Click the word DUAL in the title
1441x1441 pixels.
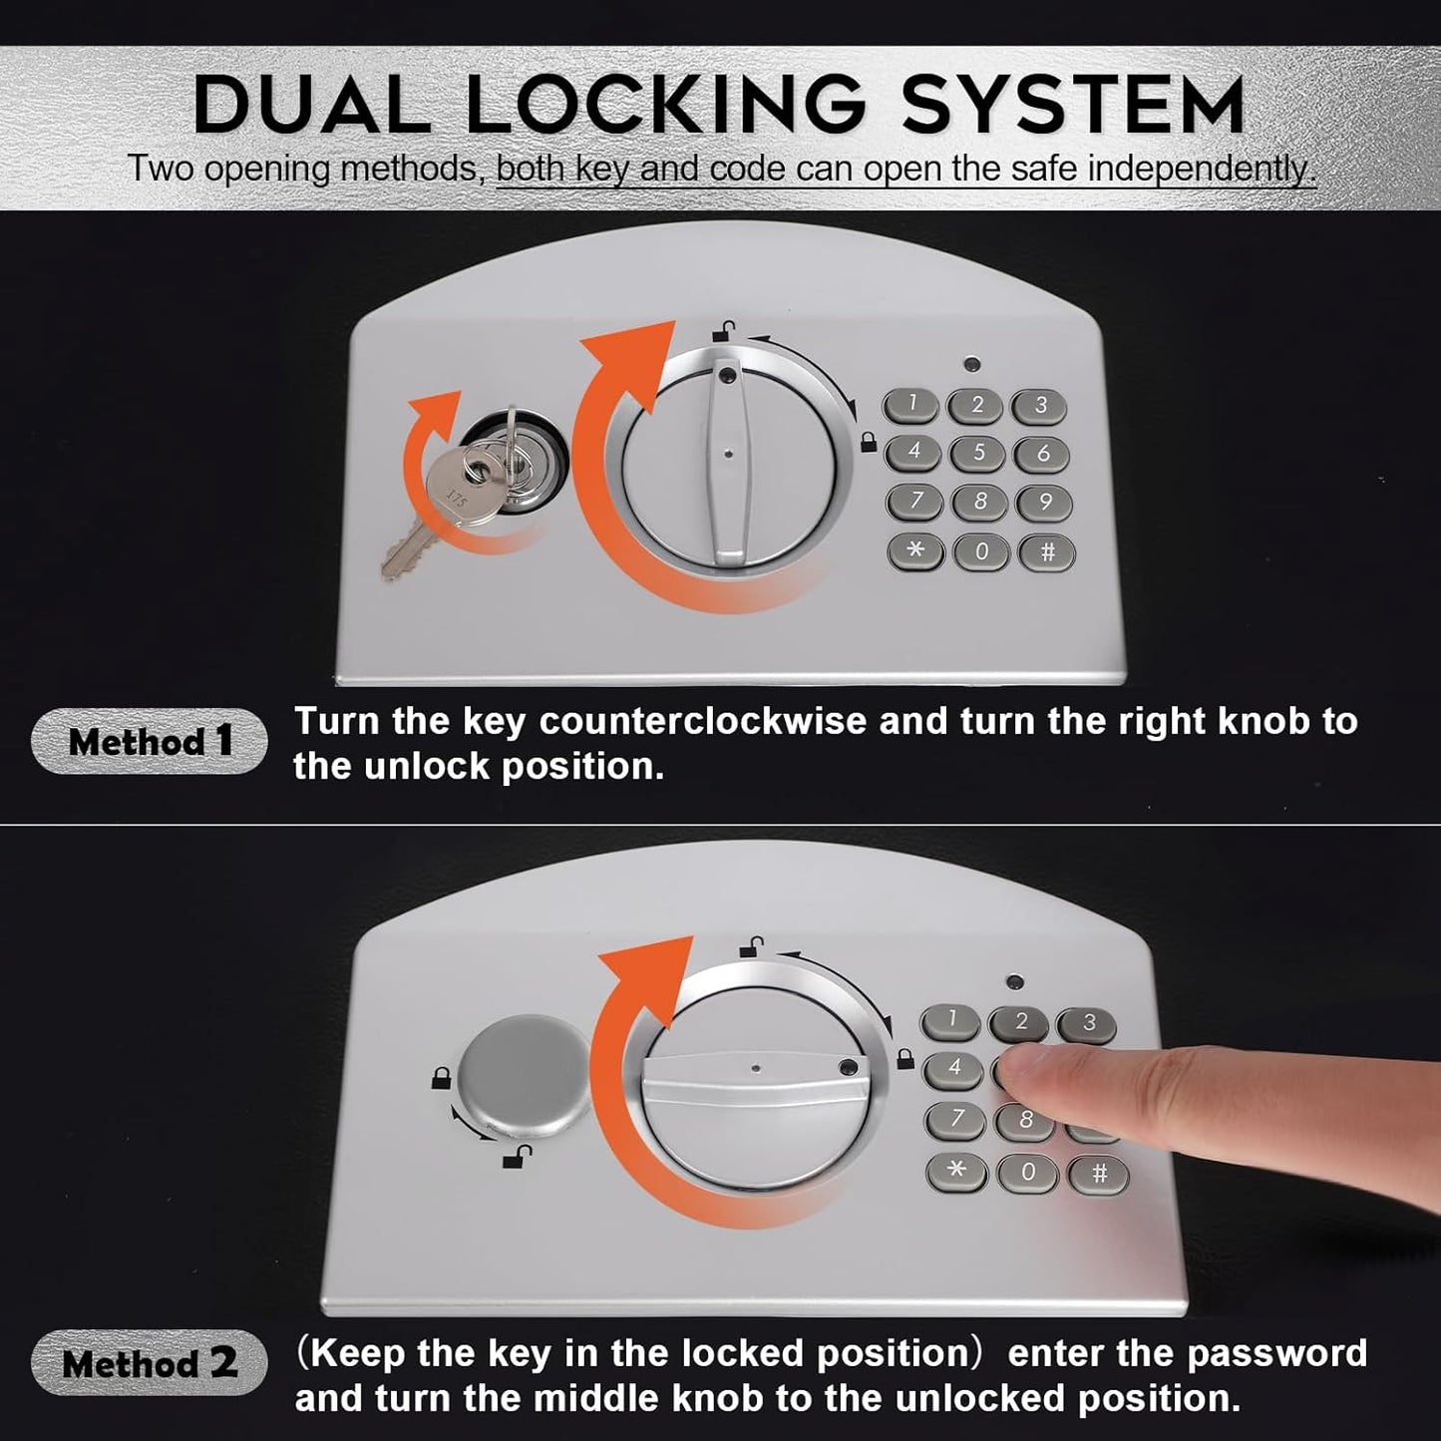[311, 104]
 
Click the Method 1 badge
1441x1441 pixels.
[150, 741]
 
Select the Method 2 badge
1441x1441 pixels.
[150, 1362]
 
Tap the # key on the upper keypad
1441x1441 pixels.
[1047, 551]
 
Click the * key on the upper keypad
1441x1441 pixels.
[915, 550]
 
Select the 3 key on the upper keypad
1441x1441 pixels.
[1040, 405]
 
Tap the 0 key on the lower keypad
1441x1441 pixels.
[1027, 1172]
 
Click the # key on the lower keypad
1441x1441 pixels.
[1099, 1174]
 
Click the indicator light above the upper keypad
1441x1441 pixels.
[972, 364]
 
